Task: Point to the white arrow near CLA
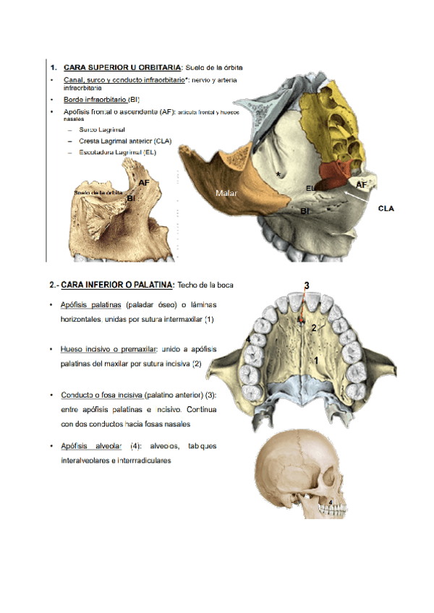pyautogui.click(x=357, y=193)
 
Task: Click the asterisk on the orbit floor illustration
pyautogui.click(x=278, y=175)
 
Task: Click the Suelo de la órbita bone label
pyautogui.click(x=98, y=193)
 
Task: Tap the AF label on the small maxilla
pyautogui.click(x=144, y=183)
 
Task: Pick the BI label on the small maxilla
pyautogui.click(x=131, y=197)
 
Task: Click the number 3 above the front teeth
pyautogui.click(x=307, y=286)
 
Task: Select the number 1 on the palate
pyautogui.click(x=315, y=359)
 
